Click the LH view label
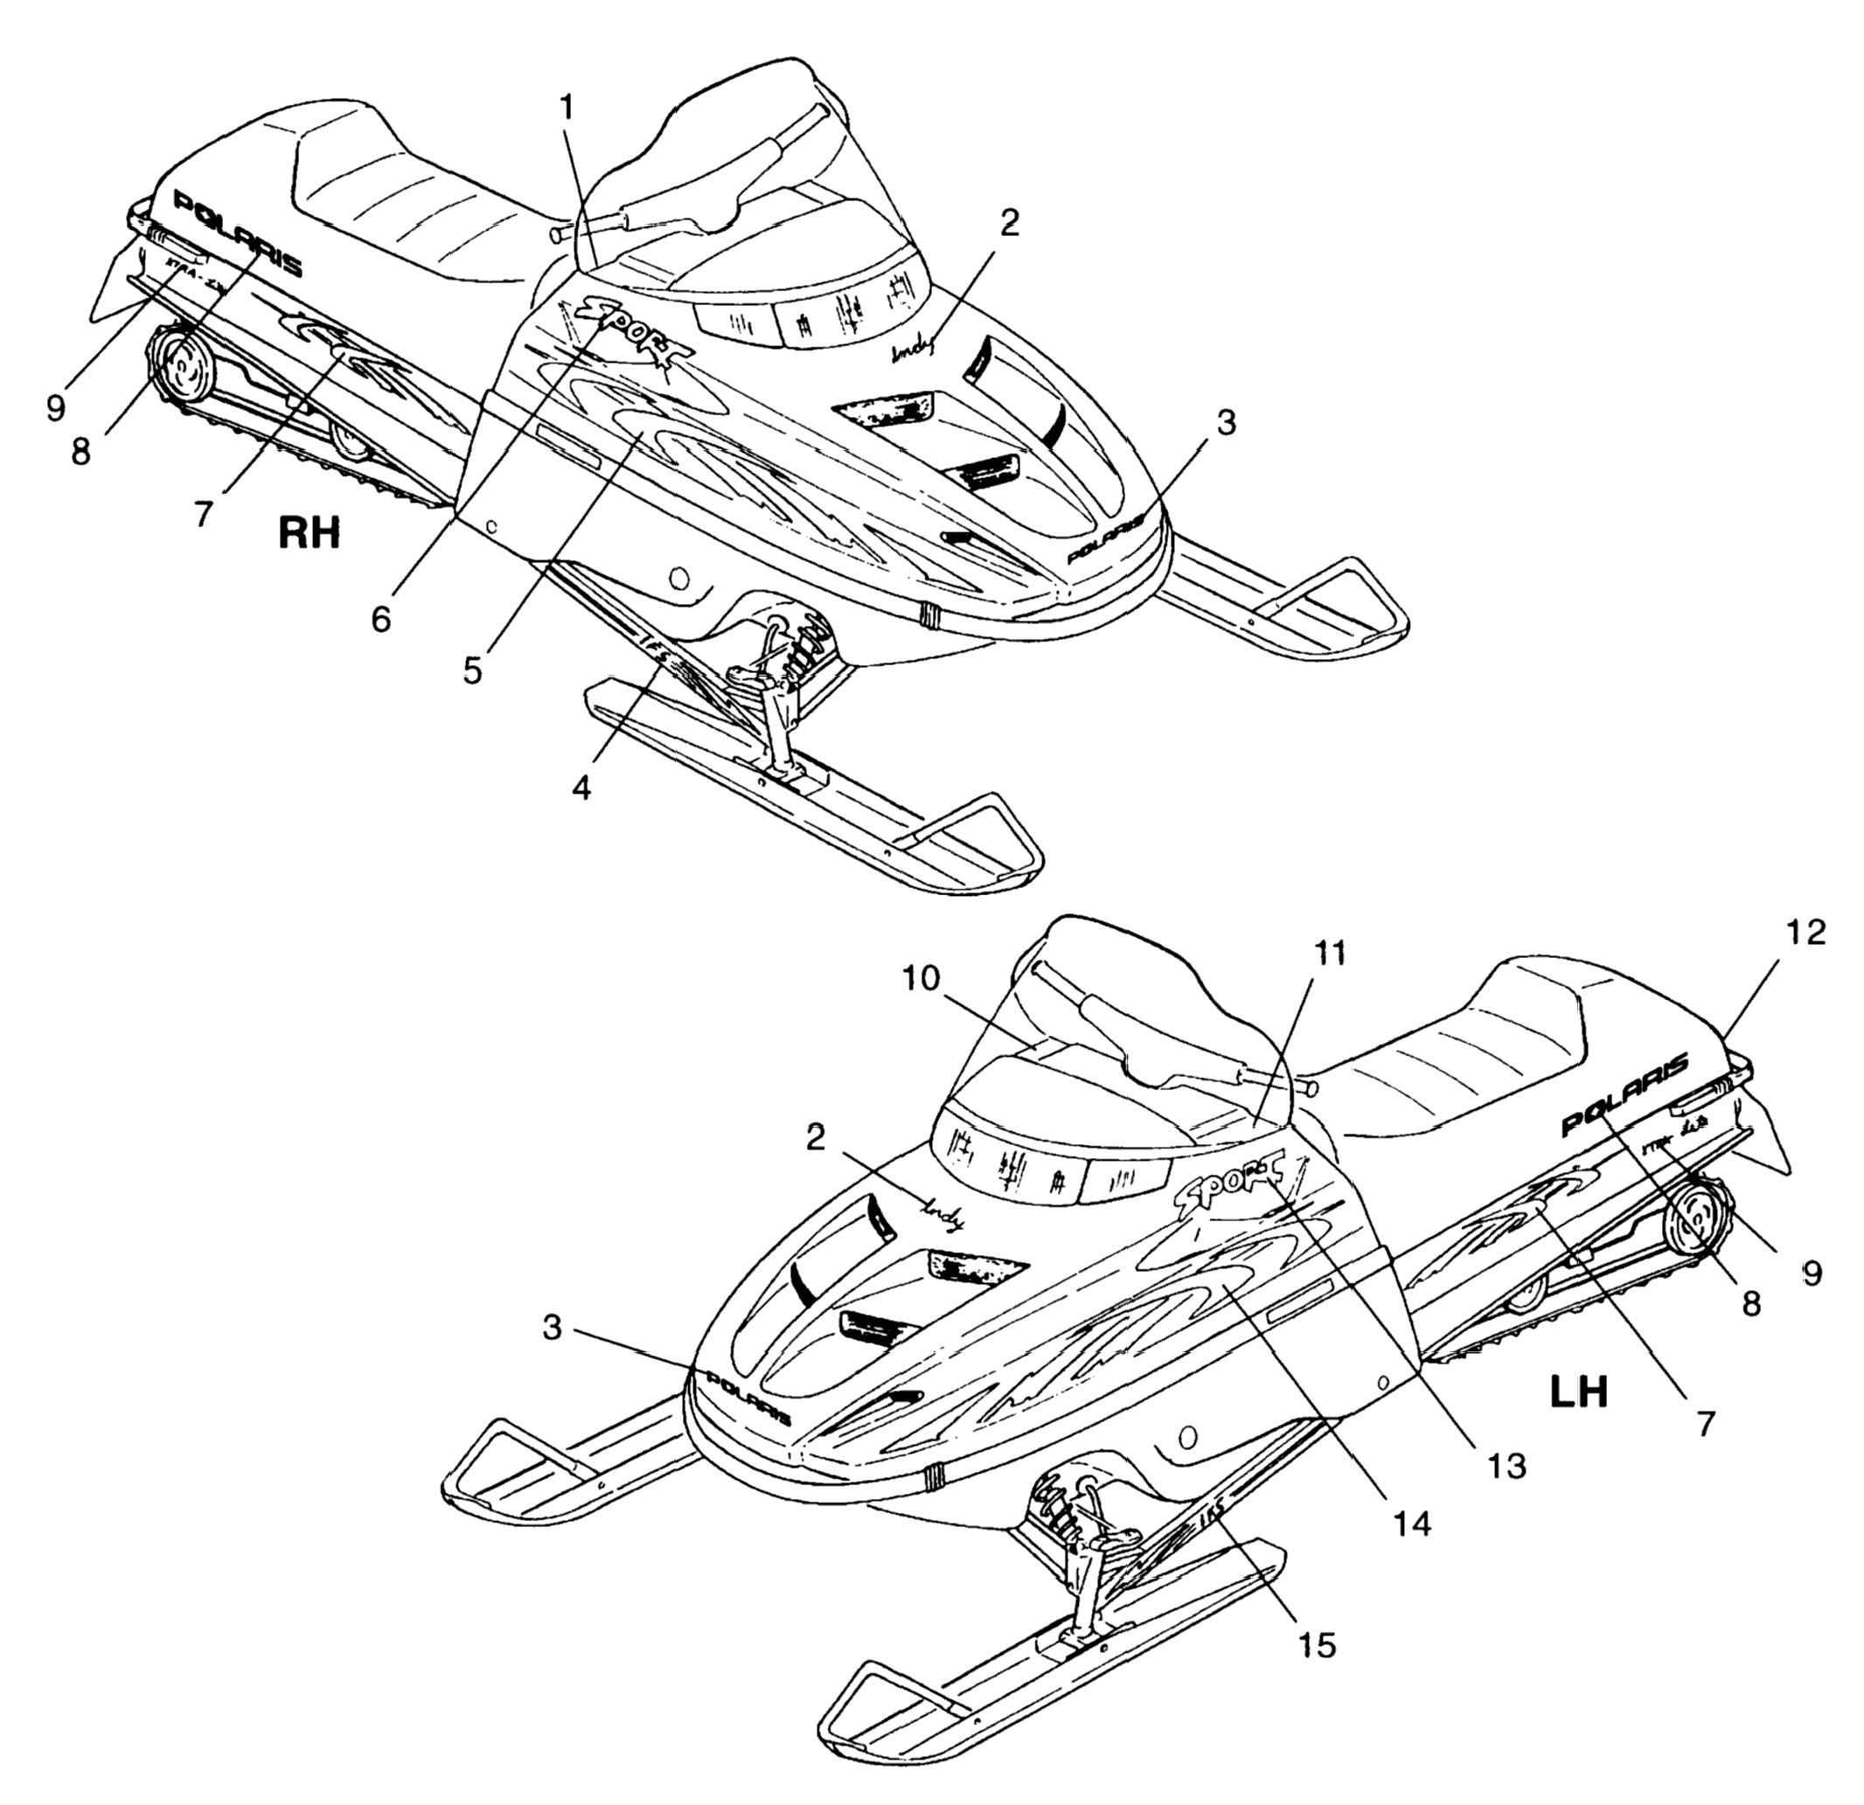[1579, 1392]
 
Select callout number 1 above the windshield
[567, 108]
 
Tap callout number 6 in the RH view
[380, 619]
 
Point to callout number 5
[473, 670]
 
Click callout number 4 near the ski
[581, 786]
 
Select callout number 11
[1331, 953]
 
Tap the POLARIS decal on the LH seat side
[1625, 1093]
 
